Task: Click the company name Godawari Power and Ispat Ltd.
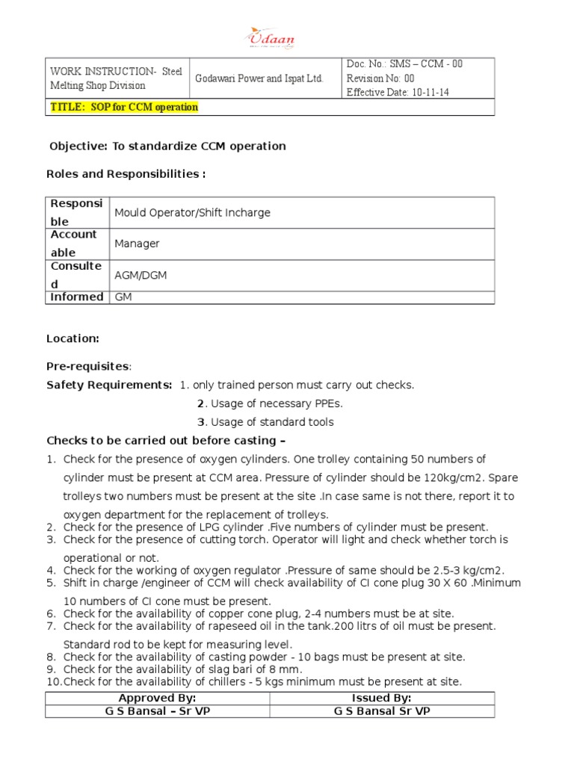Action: pyautogui.click(x=259, y=78)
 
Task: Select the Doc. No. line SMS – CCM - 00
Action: pyautogui.click(x=404, y=64)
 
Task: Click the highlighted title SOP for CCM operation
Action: pyautogui.click(x=124, y=107)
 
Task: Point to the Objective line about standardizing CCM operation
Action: pyautogui.click(x=167, y=146)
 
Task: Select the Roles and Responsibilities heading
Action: pyautogui.click(x=126, y=174)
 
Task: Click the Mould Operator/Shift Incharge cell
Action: pyautogui.click(x=192, y=213)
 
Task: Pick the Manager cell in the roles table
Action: pyautogui.click(x=137, y=244)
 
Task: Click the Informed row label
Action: pyautogui.click(x=76, y=297)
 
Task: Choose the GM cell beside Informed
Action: pyautogui.click(x=122, y=297)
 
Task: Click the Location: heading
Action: pyautogui.click(x=72, y=338)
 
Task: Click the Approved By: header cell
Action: pyautogui.click(x=157, y=699)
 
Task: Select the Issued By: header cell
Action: pyautogui.click(x=381, y=699)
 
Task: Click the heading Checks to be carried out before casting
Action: pyautogui.click(x=166, y=440)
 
